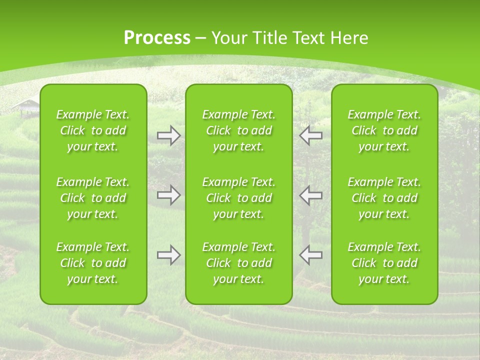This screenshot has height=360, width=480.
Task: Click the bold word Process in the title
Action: click(157, 38)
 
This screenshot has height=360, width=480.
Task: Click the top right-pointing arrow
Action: click(169, 135)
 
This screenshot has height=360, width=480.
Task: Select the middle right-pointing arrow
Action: click(169, 195)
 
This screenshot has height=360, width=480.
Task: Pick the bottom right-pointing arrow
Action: click(169, 255)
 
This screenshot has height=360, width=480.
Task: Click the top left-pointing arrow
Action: click(311, 135)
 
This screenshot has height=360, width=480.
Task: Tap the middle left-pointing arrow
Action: click(311, 195)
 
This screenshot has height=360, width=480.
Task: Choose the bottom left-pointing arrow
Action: click(311, 255)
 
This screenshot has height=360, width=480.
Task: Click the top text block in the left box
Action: click(93, 130)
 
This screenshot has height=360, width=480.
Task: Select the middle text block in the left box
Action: click(93, 198)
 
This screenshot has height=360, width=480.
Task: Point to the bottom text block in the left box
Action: click(93, 263)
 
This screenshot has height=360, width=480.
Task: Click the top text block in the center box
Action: click(238, 130)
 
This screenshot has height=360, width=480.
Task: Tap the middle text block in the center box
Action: click(238, 198)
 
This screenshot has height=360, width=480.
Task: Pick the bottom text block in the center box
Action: click(238, 263)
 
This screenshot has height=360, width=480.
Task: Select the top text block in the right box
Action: click(384, 130)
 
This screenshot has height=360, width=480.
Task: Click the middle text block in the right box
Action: click(384, 198)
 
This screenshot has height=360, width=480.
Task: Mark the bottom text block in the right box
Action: click(384, 263)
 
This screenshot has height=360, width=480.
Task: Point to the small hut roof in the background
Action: click(26, 105)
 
